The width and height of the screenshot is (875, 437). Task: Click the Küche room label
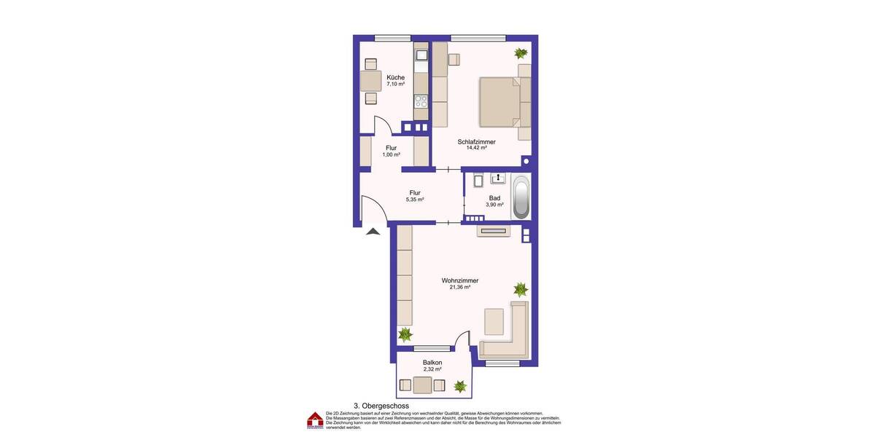[x=395, y=77]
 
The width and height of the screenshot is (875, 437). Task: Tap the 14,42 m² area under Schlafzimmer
[x=476, y=148]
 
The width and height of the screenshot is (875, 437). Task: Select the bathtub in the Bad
[x=521, y=197]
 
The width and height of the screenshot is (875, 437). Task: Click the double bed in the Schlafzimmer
[x=499, y=102]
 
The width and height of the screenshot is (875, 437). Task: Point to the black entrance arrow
[x=373, y=232]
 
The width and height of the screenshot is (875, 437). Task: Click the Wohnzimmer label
[x=459, y=280]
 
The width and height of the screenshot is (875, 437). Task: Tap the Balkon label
[x=432, y=362]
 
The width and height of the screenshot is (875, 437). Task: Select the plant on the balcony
[x=459, y=386]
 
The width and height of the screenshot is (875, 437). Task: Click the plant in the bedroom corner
[x=521, y=52]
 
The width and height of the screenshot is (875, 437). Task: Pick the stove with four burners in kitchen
[x=421, y=102]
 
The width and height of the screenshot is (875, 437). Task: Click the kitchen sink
[x=421, y=55]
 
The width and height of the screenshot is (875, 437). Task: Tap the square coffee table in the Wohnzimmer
[x=494, y=320]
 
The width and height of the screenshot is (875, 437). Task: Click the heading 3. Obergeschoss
[x=381, y=406]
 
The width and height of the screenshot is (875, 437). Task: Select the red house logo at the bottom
[x=315, y=420]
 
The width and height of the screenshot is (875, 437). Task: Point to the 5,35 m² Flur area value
[x=415, y=200]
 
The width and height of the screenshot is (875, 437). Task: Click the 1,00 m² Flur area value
[x=392, y=154]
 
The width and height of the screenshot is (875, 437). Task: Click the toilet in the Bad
[x=478, y=181]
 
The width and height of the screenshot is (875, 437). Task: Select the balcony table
[x=422, y=385]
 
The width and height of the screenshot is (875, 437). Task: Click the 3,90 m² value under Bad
[x=494, y=205]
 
